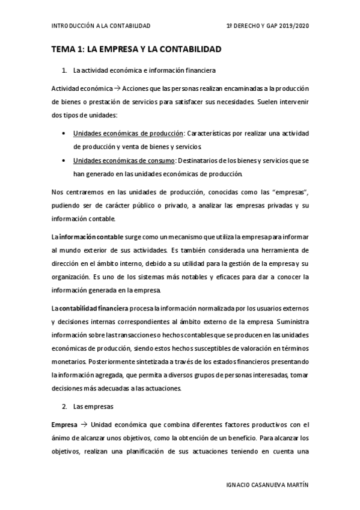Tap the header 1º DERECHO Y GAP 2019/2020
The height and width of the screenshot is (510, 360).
[x=267, y=26]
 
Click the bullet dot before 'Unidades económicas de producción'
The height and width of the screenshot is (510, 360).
[x=64, y=133]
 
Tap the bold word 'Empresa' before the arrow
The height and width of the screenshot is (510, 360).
[x=64, y=425]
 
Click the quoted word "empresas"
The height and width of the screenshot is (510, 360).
[x=291, y=192]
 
